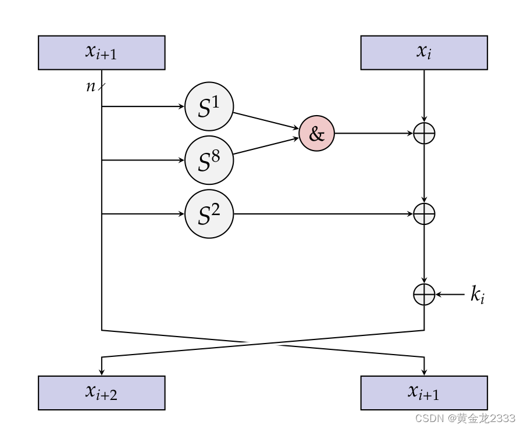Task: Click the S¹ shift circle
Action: click(209, 106)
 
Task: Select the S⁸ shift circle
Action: click(209, 160)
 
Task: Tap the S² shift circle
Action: click(209, 214)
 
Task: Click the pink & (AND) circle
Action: click(316, 133)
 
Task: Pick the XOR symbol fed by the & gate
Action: click(424, 133)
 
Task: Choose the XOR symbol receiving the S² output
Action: click(424, 214)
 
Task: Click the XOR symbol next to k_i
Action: click(424, 295)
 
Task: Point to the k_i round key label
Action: click(477, 295)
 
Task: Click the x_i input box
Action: click(424, 52)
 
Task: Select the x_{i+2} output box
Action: click(101, 392)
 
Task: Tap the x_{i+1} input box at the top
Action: click(101, 52)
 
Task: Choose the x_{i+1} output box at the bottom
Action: click(424, 392)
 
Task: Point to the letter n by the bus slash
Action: click(91, 87)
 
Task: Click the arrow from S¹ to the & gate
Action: click(266, 120)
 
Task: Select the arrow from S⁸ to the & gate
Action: click(266, 146)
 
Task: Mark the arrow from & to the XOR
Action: click(373, 133)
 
